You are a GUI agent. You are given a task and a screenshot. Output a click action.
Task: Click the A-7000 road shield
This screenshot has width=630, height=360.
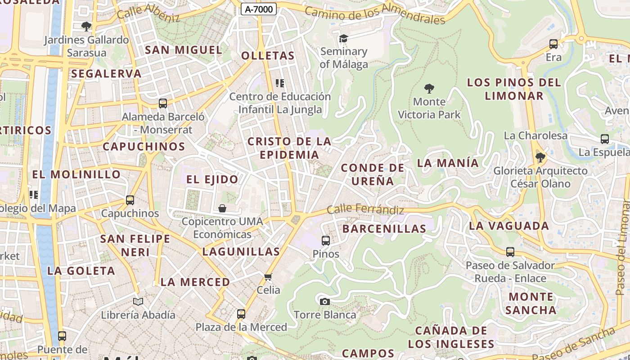(258, 9)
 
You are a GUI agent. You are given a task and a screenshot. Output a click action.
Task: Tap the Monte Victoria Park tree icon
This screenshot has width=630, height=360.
(429, 88)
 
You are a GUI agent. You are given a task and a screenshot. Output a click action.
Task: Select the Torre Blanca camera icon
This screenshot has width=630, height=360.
(324, 301)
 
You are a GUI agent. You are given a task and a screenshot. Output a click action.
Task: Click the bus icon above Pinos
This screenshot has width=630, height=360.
(326, 241)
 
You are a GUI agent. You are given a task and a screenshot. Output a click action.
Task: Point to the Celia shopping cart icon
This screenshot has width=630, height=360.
(268, 277)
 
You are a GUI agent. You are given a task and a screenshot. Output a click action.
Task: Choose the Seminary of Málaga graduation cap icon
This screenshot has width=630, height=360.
(343, 39)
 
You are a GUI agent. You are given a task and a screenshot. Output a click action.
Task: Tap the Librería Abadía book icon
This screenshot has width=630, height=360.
(138, 301)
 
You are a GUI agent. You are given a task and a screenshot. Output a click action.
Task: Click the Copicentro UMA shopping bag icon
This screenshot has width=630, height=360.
(222, 208)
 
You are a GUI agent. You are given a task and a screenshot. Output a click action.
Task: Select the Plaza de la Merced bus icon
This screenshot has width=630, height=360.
(241, 314)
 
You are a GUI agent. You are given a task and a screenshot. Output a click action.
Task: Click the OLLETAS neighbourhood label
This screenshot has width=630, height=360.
(268, 56)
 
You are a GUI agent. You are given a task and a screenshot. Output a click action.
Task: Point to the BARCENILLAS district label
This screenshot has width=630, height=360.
(384, 229)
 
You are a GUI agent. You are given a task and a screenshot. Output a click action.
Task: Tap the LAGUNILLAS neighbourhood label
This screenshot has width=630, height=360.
(241, 252)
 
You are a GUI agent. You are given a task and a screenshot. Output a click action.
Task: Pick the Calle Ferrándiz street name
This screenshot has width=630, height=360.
(365, 209)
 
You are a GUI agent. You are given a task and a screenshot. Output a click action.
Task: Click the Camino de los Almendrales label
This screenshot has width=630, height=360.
(375, 14)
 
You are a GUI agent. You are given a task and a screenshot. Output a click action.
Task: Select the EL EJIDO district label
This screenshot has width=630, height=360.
(212, 180)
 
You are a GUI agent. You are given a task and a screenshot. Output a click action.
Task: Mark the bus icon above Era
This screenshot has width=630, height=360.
(553, 44)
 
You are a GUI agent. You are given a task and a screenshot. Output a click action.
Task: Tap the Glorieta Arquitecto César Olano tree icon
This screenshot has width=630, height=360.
(540, 157)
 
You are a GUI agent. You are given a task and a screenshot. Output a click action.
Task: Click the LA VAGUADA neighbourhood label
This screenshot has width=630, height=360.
(509, 226)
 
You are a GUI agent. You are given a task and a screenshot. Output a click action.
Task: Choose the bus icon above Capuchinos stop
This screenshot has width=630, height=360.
(130, 200)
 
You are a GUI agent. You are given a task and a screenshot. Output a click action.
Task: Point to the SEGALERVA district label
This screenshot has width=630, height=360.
(106, 73)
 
